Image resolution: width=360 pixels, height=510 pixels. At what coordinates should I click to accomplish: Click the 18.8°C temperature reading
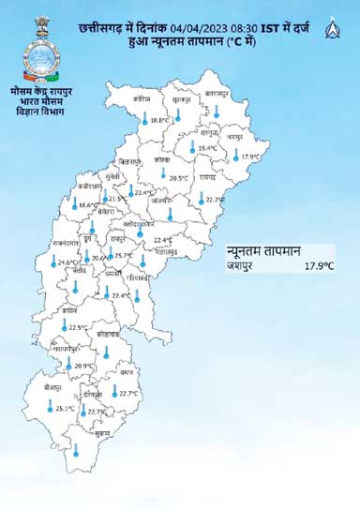[159, 120]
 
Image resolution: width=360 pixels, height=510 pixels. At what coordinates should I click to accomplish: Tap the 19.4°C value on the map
[207, 148]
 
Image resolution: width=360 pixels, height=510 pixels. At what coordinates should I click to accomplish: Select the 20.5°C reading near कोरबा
[179, 177]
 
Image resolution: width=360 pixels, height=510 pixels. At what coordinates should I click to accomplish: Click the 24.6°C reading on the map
[67, 263]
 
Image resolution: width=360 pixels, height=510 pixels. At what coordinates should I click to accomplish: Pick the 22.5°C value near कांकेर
[79, 328]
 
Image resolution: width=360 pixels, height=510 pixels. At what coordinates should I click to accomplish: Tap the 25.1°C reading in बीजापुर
[65, 409]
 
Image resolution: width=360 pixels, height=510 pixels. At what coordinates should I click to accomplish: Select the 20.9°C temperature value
[84, 367]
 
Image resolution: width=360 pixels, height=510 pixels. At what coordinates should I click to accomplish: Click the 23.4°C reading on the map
[145, 193]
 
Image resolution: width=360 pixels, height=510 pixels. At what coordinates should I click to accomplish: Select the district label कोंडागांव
[108, 334]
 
